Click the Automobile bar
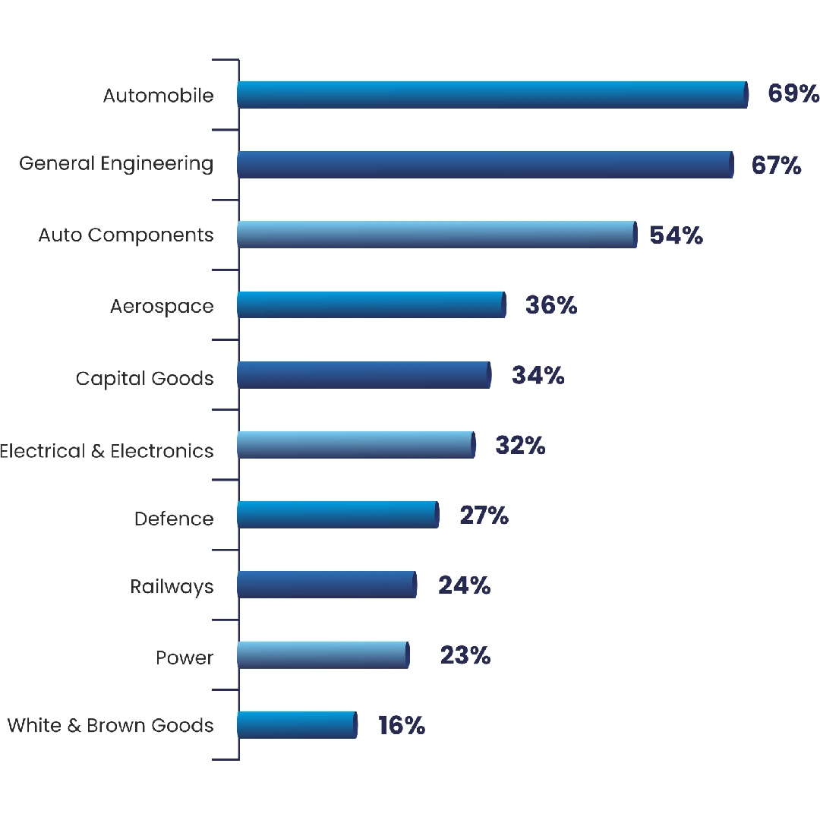point(492,95)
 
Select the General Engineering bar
point(484,165)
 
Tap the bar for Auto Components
point(436,235)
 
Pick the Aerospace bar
point(371,305)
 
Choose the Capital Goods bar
point(363,375)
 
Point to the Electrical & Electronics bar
point(355,445)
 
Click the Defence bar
point(337,515)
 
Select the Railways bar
point(326,585)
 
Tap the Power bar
point(322,654)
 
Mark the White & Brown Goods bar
point(296,724)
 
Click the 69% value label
point(793,94)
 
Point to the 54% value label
point(676,235)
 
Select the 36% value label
point(551,305)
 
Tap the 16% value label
point(402,726)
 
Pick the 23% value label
point(465,655)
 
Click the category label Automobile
point(158,96)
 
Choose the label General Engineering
point(116,164)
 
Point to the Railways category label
point(172,587)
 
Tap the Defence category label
point(174,519)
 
